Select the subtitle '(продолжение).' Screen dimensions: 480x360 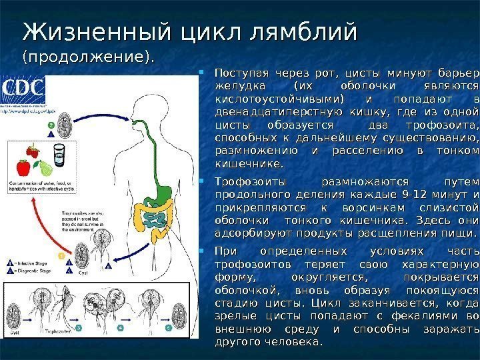87,57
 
